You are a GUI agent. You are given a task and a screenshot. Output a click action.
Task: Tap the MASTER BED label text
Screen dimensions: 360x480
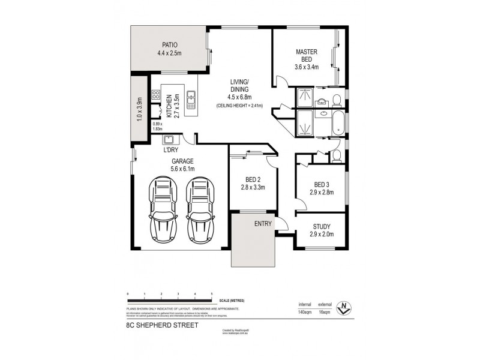pyautogui.click(x=306, y=56)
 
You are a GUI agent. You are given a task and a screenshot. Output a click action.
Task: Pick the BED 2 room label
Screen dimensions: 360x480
pyautogui.click(x=251, y=179)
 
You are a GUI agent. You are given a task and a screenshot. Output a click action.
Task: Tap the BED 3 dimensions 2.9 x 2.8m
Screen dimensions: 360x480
pyautogui.click(x=322, y=192)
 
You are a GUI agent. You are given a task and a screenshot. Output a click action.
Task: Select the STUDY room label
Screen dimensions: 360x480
pyautogui.click(x=322, y=226)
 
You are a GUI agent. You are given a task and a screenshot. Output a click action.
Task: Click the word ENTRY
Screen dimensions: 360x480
pyautogui.click(x=263, y=224)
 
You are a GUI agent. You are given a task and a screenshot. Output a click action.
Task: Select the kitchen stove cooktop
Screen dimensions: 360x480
pyautogui.click(x=155, y=95)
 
